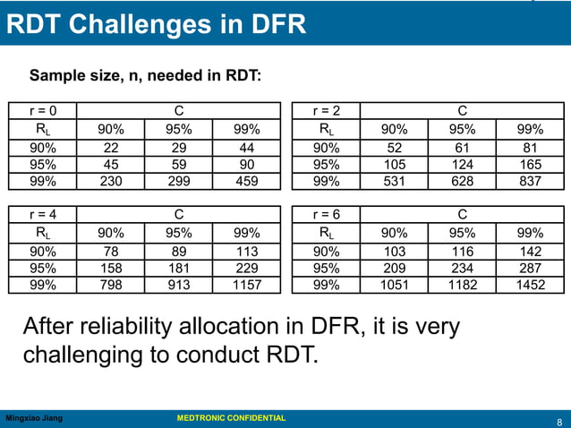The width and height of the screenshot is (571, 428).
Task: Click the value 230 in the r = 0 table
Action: [x=111, y=181]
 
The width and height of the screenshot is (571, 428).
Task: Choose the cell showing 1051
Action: [x=395, y=286]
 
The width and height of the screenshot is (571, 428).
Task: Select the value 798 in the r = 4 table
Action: [x=111, y=286]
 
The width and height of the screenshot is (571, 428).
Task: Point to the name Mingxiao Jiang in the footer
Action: [x=35, y=418]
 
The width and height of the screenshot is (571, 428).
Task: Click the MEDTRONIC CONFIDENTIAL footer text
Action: [x=231, y=418]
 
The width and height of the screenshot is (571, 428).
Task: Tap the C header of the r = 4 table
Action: [x=179, y=215]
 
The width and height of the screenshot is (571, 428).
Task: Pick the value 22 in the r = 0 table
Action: [x=111, y=147]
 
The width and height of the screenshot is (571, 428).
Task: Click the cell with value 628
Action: [x=463, y=181]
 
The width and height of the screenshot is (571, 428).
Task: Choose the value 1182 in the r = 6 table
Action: [x=463, y=286]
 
